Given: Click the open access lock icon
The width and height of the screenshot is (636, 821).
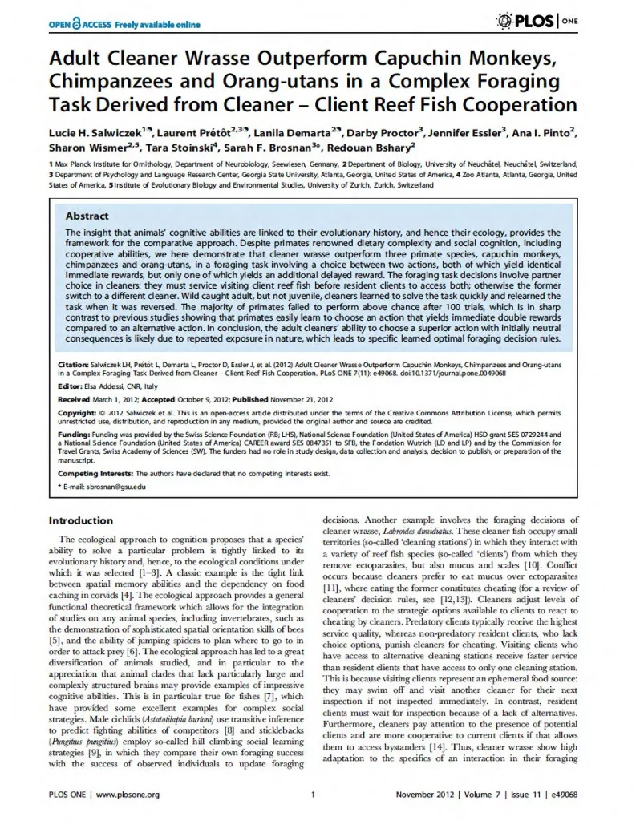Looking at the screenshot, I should [x=77, y=24].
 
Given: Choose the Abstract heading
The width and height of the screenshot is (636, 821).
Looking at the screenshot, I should [x=87, y=216].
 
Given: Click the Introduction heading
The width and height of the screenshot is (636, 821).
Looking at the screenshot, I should [x=80, y=520].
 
